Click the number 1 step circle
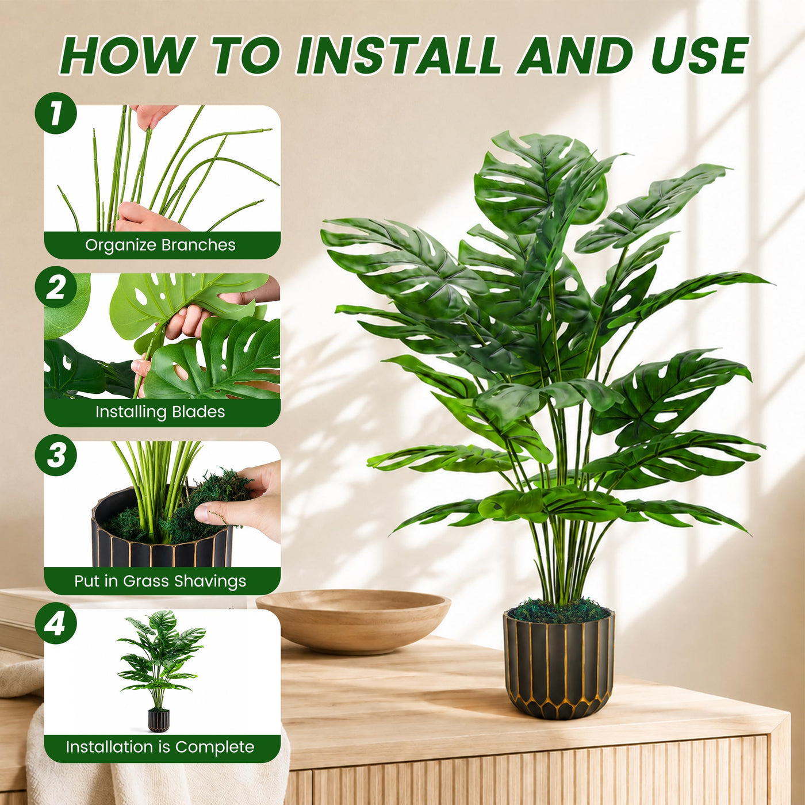click(56, 113)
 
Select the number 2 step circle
click(56, 287)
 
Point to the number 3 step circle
click(56, 455)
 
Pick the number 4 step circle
click(56, 623)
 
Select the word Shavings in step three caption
click(210, 581)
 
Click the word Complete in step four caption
click(214, 747)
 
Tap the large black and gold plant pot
click(559, 665)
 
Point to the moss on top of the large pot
click(559, 612)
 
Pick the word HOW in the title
click(128, 56)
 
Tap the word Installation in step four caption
click(109, 746)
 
